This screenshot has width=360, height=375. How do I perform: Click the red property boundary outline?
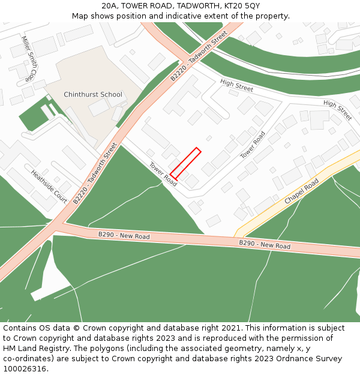pyautogui.click(x=185, y=163)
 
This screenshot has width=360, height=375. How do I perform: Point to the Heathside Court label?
pyautogui.click(x=49, y=186)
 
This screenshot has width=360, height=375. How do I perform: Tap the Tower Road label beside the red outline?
pyautogui.click(x=163, y=174)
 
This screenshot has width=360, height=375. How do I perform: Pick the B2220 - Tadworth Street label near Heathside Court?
pyautogui.click(x=95, y=173)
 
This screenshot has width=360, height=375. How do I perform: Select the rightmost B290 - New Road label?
pyautogui.click(x=265, y=245)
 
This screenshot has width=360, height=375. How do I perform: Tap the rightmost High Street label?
pyautogui.click(x=338, y=110)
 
